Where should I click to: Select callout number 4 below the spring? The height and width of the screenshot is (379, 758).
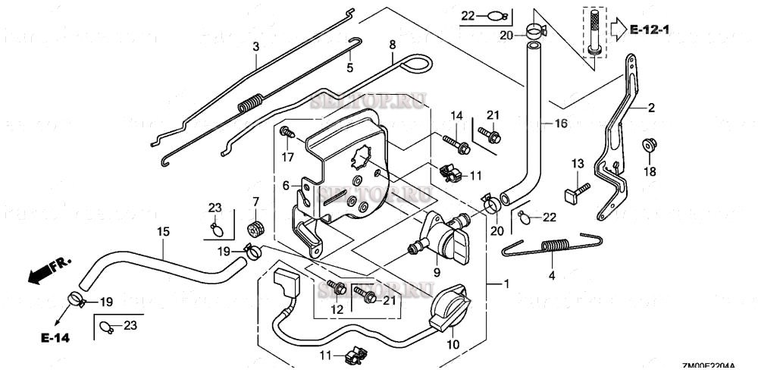coord(552,276)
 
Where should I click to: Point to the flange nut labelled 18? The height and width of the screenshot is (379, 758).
coord(649,146)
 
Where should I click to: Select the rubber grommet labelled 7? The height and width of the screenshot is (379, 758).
coord(255,226)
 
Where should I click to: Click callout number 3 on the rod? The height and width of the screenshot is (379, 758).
coord(256,47)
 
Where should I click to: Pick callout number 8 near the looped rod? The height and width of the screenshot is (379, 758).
coord(392,45)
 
